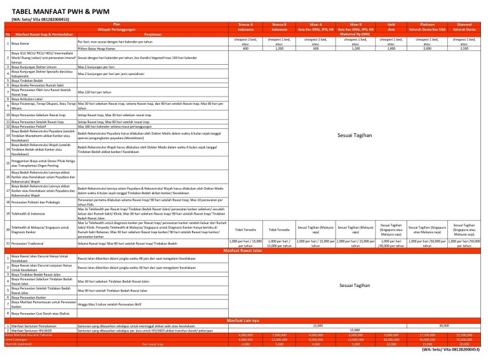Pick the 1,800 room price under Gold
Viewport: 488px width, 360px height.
pyautogui.click(x=391, y=48)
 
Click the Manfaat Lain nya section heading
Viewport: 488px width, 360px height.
pyautogui.click(x=243, y=319)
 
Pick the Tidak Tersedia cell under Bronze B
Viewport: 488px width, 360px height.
pyautogui.click(x=280, y=229)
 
